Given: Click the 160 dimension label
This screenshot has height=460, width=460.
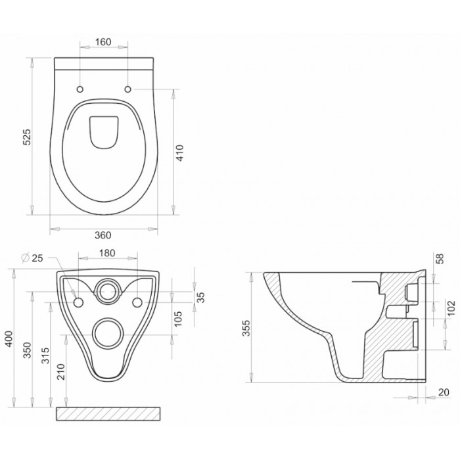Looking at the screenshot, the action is point(103,42).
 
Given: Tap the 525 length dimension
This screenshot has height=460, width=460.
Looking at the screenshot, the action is point(27,137).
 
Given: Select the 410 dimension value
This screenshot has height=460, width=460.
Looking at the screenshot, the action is point(180,152).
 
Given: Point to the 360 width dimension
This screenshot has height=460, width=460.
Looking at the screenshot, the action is point(103,235).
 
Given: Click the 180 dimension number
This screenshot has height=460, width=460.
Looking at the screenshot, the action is point(107,253).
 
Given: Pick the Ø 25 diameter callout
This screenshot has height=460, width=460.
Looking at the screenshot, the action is point(32,258).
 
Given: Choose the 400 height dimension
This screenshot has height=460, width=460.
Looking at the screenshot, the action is point(9,339).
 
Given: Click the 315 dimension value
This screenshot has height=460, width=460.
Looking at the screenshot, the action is point(45,356).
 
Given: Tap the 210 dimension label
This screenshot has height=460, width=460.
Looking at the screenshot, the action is point(60,372).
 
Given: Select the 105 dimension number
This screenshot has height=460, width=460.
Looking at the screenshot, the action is point(178,319).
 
